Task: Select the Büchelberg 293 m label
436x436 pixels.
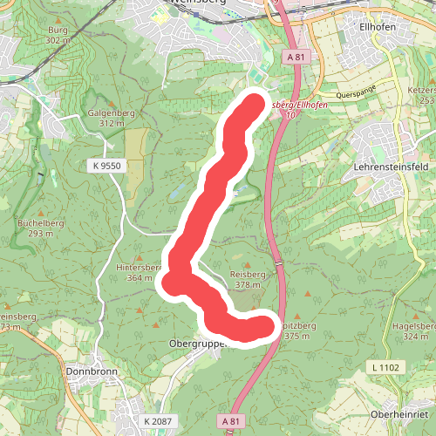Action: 36,228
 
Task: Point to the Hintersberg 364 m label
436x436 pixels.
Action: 140,272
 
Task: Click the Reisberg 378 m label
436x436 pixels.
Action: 247,279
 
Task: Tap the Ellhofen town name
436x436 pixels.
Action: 378,25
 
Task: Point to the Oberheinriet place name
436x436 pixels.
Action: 399,413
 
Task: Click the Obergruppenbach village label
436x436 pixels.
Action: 196,344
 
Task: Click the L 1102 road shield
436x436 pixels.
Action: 385,368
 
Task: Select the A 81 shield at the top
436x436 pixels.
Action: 296,57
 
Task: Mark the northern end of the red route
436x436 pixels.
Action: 254,104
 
